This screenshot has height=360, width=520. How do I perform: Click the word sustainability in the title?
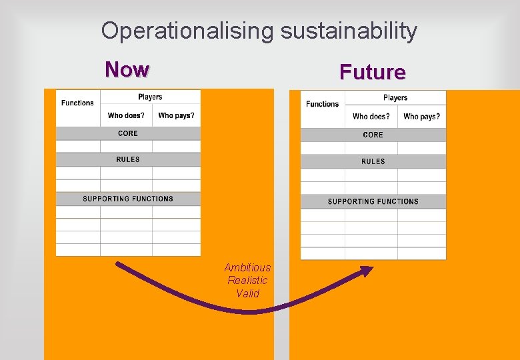coord(349,31)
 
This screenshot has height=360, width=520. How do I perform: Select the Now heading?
coord(127,69)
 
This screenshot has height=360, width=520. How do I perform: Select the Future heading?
coord(372,72)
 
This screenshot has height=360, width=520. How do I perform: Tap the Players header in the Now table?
coord(150,97)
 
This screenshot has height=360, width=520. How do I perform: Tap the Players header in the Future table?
coord(395,98)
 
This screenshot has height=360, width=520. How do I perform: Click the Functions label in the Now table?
coord(77,103)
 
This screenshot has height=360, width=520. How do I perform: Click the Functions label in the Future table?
coord(323,104)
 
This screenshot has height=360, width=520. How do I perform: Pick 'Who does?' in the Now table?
coord(126,116)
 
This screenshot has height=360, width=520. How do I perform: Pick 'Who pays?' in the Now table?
coord(177,116)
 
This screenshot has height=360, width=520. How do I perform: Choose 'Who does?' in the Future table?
coord(371,117)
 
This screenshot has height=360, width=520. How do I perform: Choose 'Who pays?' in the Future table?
coord(422,117)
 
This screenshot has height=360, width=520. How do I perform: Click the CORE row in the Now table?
coord(128,133)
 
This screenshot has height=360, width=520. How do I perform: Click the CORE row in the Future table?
coord(373,135)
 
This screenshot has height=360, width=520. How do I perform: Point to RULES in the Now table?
coord(128,159)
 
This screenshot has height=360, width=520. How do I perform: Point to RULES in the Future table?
coord(373,161)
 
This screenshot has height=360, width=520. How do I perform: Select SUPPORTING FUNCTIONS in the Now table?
coord(128,199)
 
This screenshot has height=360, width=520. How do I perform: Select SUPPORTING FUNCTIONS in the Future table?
coord(373,201)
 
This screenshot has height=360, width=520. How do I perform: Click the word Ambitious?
coord(247,268)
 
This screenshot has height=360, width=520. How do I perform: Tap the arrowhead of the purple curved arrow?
coord(367,270)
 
